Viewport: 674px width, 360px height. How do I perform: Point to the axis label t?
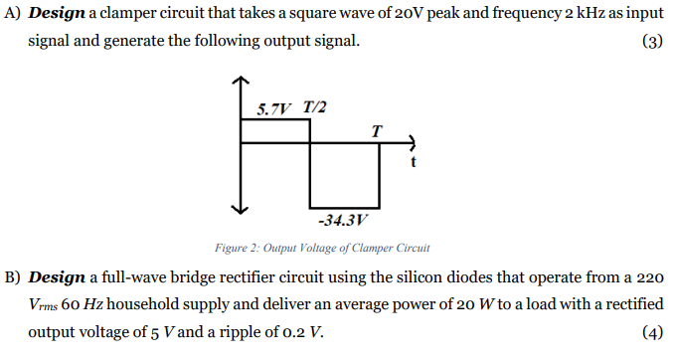413,159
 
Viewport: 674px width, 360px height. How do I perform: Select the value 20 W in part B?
398,303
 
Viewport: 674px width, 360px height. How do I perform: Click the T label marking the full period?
376,130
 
